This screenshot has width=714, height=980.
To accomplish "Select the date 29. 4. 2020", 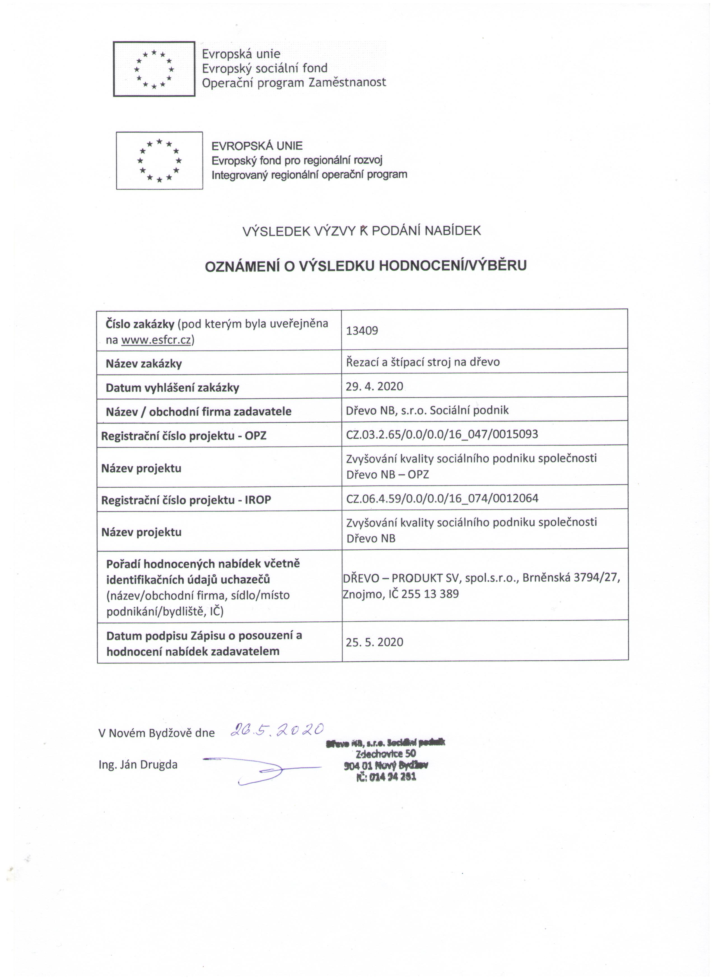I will click(374, 386).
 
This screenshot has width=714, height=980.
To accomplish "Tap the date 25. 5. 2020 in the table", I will click(374, 642).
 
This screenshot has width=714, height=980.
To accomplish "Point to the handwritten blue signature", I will click(262, 771).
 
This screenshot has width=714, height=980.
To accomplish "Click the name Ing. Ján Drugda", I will click(138, 765).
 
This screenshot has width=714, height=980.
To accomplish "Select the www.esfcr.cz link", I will click(156, 340).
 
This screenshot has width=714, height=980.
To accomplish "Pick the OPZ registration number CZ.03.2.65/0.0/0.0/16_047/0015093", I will click(442, 434).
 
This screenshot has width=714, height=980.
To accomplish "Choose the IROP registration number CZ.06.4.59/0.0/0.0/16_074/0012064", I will click(442, 498).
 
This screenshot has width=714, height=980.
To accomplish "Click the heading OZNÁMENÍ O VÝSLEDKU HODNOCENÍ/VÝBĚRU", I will click(366, 266).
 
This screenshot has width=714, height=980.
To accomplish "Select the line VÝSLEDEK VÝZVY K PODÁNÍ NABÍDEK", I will click(361, 231).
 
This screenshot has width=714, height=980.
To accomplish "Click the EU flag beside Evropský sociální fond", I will click(154, 69).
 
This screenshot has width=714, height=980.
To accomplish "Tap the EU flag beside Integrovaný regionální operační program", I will click(159, 160).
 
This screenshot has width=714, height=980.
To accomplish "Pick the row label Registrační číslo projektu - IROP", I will click(186, 500).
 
